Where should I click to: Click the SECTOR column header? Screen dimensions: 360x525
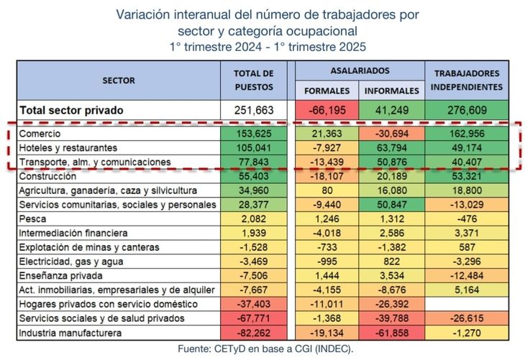pyautogui.click(x=118, y=80)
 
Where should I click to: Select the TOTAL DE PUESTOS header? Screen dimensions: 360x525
pyautogui.click(x=254, y=80)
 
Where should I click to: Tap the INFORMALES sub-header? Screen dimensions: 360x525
pyautogui.click(x=391, y=91)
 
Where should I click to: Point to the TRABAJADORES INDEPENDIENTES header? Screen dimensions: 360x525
pyautogui.click(x=466, y=80)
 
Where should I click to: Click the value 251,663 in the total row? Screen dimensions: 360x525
pyautogui.click(x=254, y=111)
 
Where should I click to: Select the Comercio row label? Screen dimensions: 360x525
pyautogui.click(x=40, y=134)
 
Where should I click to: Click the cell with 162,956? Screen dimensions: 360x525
pyautogui.click(x=466, y=134)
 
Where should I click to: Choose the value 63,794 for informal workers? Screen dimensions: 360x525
pyautogui.click(x=391, y=148)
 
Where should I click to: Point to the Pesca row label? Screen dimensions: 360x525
pyautogui.click(x=33, y=218)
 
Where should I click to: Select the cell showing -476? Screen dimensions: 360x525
pyautogui.click(x=466, y=218)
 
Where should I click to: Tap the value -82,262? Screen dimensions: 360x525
pyautogui.click(x=254, y=332)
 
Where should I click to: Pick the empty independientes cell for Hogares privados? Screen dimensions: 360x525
pyautogui.click(x=466, y=303)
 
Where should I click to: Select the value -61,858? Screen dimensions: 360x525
pyautogui.click(x=391, y=332)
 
